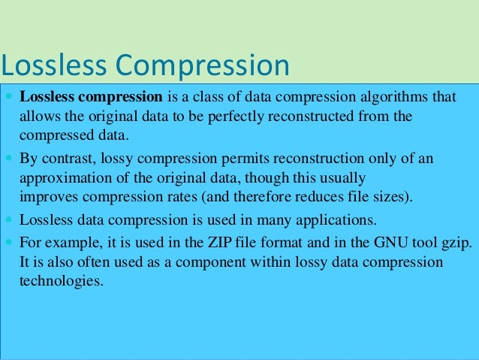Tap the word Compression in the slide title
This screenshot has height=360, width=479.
[x=201, y=67]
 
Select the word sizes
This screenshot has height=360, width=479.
[x=394, y=198]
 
